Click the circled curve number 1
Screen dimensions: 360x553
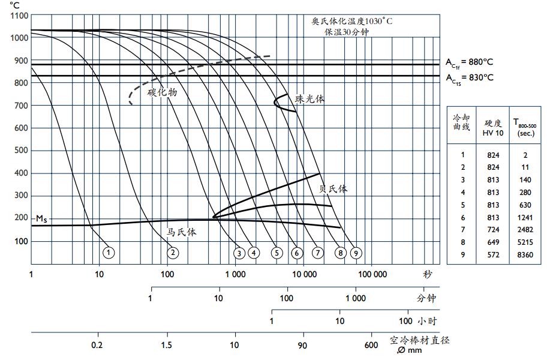coord(108,253)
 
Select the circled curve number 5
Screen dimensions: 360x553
coord(276,253)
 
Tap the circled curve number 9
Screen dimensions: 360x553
coord(356,253)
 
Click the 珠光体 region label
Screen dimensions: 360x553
coord(309,99)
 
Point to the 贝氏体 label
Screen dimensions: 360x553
coord(333,188)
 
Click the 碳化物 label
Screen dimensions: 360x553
coord(163,92)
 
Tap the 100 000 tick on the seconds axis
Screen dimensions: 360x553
coord(372,274)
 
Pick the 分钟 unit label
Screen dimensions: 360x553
coord(426,298)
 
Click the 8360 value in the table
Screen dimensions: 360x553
coord(525,255)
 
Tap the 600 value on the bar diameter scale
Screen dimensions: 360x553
coord(371,345)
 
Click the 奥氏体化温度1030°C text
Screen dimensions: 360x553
coord(352,21)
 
